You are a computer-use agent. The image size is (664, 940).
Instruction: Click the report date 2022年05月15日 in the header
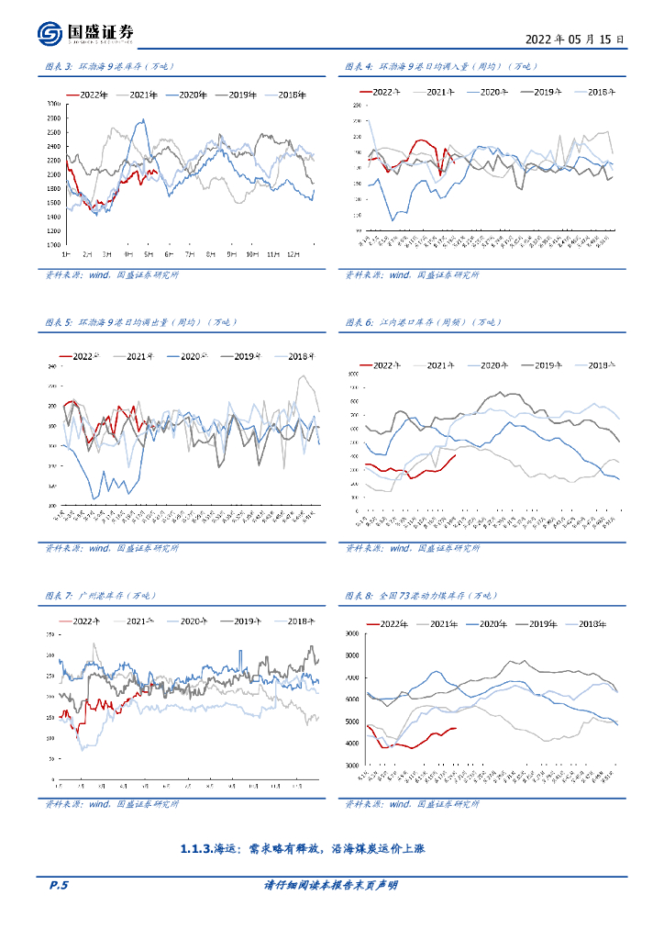click(x=575, y=40)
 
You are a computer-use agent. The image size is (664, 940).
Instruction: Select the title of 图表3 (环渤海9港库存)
click(x=109, y=67)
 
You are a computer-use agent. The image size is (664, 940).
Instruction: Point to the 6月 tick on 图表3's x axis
click(x=169, y=252)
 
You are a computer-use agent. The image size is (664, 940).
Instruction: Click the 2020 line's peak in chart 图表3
click(x=142, y=120)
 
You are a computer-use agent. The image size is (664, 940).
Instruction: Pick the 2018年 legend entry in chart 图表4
click(x=600, y=92)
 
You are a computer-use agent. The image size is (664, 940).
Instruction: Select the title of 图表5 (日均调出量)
click(x=140, y=322)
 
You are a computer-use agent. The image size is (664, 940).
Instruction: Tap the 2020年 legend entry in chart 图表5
click(x=196, y=356)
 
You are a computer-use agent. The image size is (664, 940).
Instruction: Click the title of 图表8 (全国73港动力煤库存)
click(x=421, y=596)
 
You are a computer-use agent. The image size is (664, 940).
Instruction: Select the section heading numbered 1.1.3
click(x=303, y=849)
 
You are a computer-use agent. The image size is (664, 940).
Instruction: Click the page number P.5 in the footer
click(x=59, y=885)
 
